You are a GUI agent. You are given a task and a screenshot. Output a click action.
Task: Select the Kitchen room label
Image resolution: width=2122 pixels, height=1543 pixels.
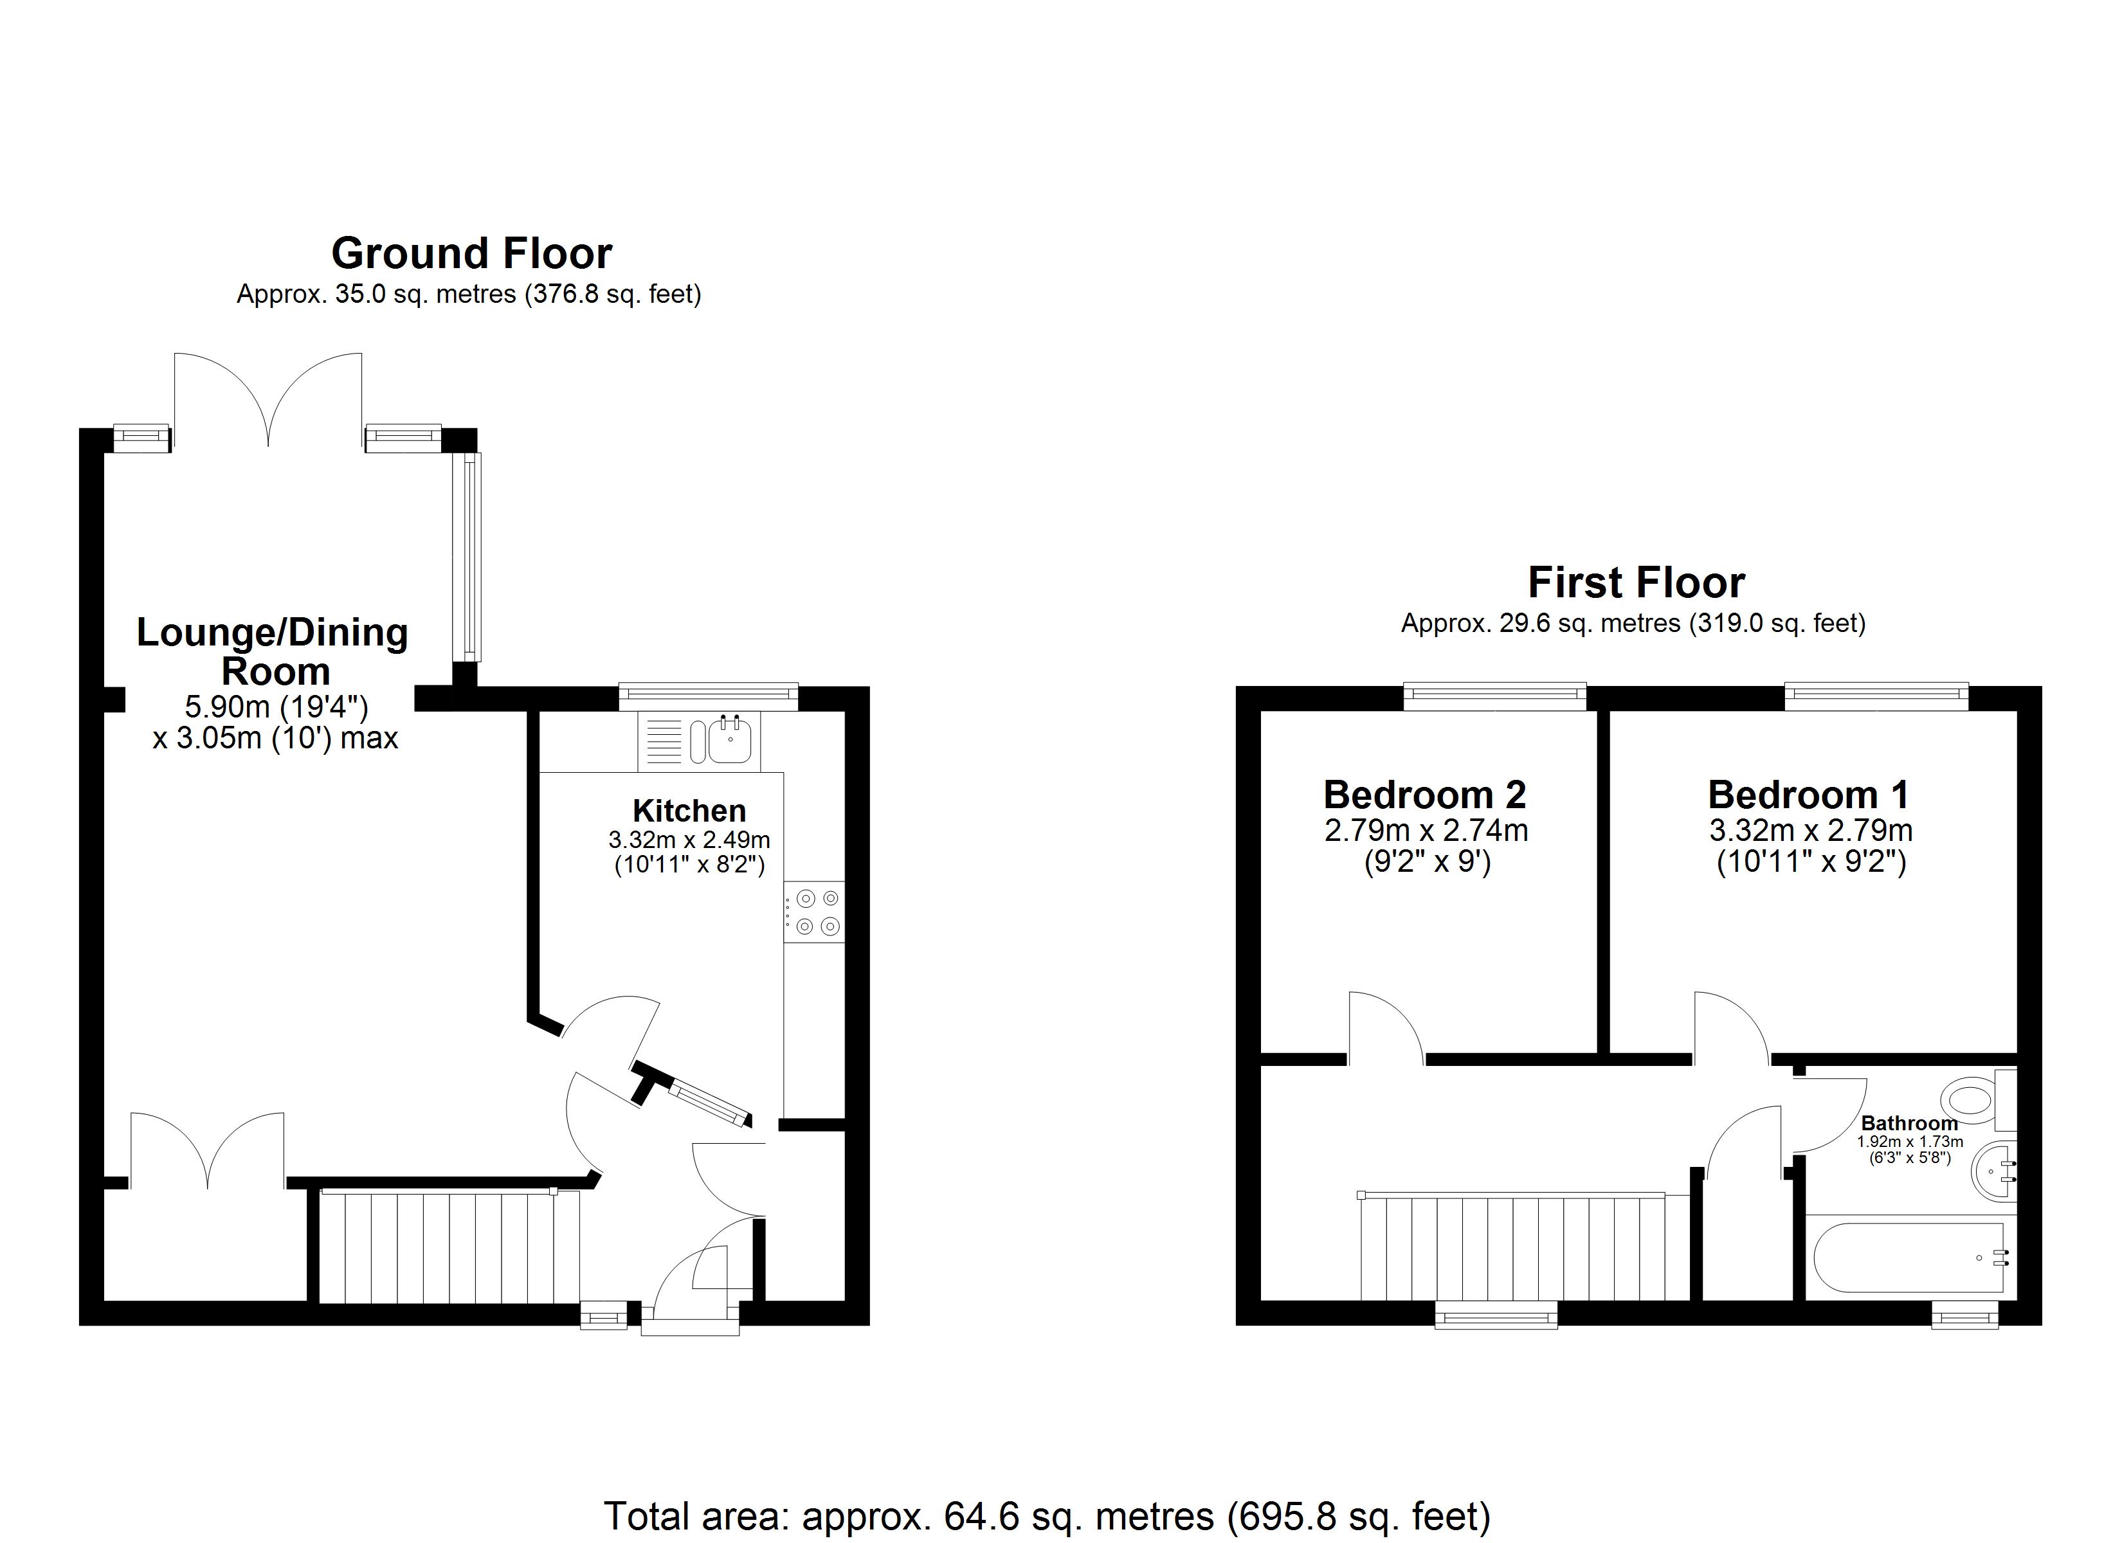pos(689,810)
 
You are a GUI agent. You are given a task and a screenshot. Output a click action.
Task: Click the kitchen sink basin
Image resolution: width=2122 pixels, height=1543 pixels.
pos(730,741)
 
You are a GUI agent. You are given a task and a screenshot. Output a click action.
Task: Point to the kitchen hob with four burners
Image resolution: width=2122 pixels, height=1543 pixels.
pos(814,912)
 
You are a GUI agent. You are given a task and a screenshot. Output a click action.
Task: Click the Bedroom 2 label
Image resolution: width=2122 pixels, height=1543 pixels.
pos(1425,795)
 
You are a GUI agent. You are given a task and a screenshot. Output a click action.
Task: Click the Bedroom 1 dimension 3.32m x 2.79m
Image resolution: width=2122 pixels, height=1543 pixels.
pos(1810,830)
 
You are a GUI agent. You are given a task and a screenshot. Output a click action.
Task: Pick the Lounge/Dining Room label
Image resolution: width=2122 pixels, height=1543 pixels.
pos(273,652)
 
